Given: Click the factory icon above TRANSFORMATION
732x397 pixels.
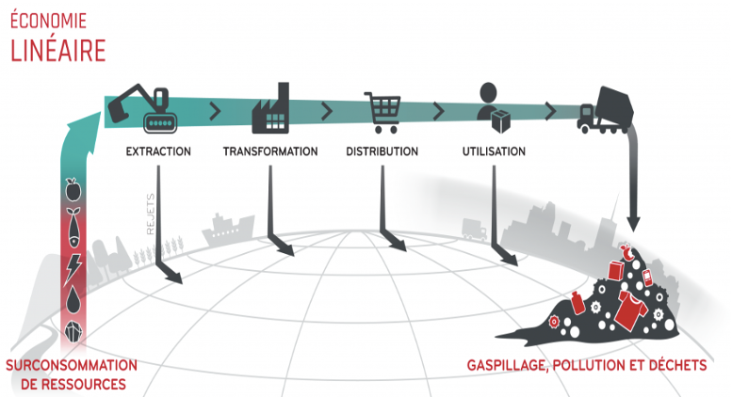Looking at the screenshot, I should [x=269, y=111].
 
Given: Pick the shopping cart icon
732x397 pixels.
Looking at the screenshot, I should [x=382, y=111].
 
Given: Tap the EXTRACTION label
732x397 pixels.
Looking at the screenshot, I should [x=158, y=151].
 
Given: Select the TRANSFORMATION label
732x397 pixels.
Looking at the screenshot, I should [x=270, y=151].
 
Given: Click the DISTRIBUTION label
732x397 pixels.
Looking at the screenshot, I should [x=381, y=151].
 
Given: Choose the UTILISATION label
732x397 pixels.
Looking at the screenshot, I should [x=495, y=151].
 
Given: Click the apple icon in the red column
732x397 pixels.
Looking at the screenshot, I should [x=73, y=187].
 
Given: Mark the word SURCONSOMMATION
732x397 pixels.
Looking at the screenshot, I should [x=71, y=365].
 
